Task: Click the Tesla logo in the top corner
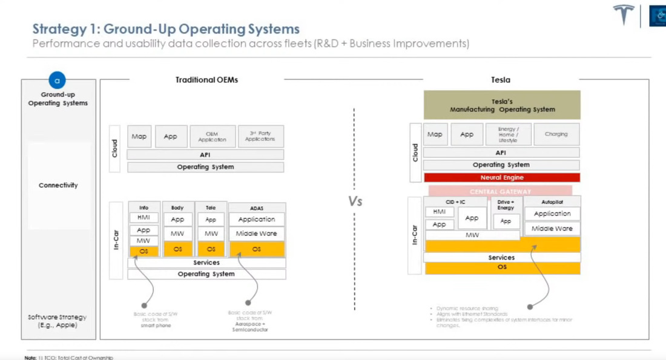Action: [x=624, y=15]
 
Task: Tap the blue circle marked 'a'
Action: [x=58, y=80]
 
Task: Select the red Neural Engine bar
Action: [x=502, y=177]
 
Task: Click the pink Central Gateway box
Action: [x=500, y=191]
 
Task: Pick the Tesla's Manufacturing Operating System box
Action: [x=502, y=105]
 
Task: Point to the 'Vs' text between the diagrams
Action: [x=355, y=201]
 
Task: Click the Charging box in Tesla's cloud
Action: [x=556, y=134]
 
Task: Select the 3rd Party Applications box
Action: [x=260, y=136]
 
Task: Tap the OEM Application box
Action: [x=212, y=137]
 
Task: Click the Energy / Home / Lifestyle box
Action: [x=508, y=134]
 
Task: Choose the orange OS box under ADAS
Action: [x=257, y=249]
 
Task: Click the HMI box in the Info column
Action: [x=143, y=217]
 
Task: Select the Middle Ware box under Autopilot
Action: [x=552, y=229]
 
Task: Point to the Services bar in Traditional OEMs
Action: [x=206, y=263]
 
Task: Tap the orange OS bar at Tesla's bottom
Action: [x=502, y=267]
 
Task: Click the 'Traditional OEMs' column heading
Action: [x=206, y=80]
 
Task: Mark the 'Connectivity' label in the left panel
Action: [x=58, y=185]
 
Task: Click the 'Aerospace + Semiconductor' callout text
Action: [x=250, y=327]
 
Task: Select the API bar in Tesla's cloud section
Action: [x=501, y=153]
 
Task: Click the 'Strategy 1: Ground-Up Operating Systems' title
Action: [x=166, y=29]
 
